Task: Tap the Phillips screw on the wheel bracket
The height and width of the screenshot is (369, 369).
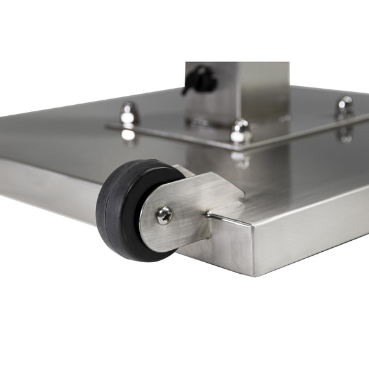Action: [164, 216]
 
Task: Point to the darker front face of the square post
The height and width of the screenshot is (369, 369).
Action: [214, 91]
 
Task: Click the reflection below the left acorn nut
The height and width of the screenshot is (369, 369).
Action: [128, 134]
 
